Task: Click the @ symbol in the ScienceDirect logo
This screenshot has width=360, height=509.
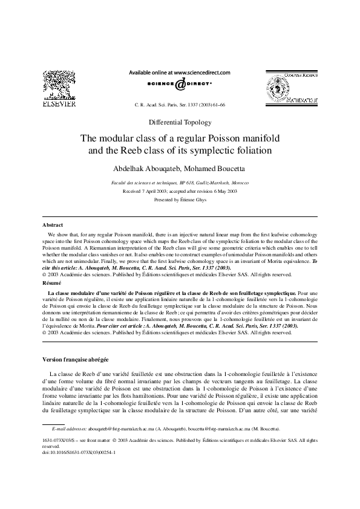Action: pyautogui.click(x=180, y=85)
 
